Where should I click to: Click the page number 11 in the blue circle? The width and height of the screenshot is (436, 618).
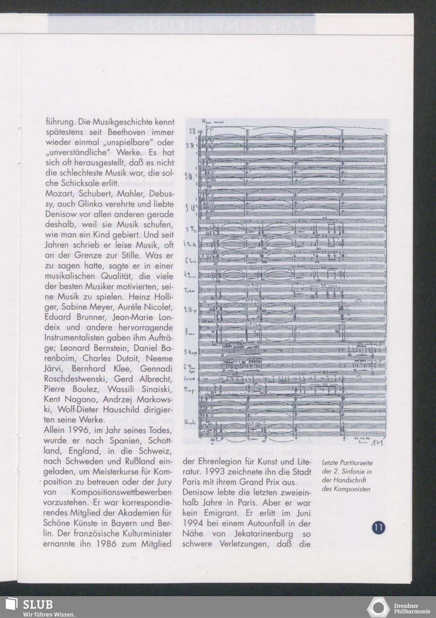(x=378, y=528)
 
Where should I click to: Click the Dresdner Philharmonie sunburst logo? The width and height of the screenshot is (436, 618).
(x=378, y=608)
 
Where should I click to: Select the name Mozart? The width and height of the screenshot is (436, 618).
(x=58, y=193)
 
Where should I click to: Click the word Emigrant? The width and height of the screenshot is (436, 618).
(x=218, y=513)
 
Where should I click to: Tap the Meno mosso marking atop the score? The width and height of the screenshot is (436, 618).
(x=213, y=122)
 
